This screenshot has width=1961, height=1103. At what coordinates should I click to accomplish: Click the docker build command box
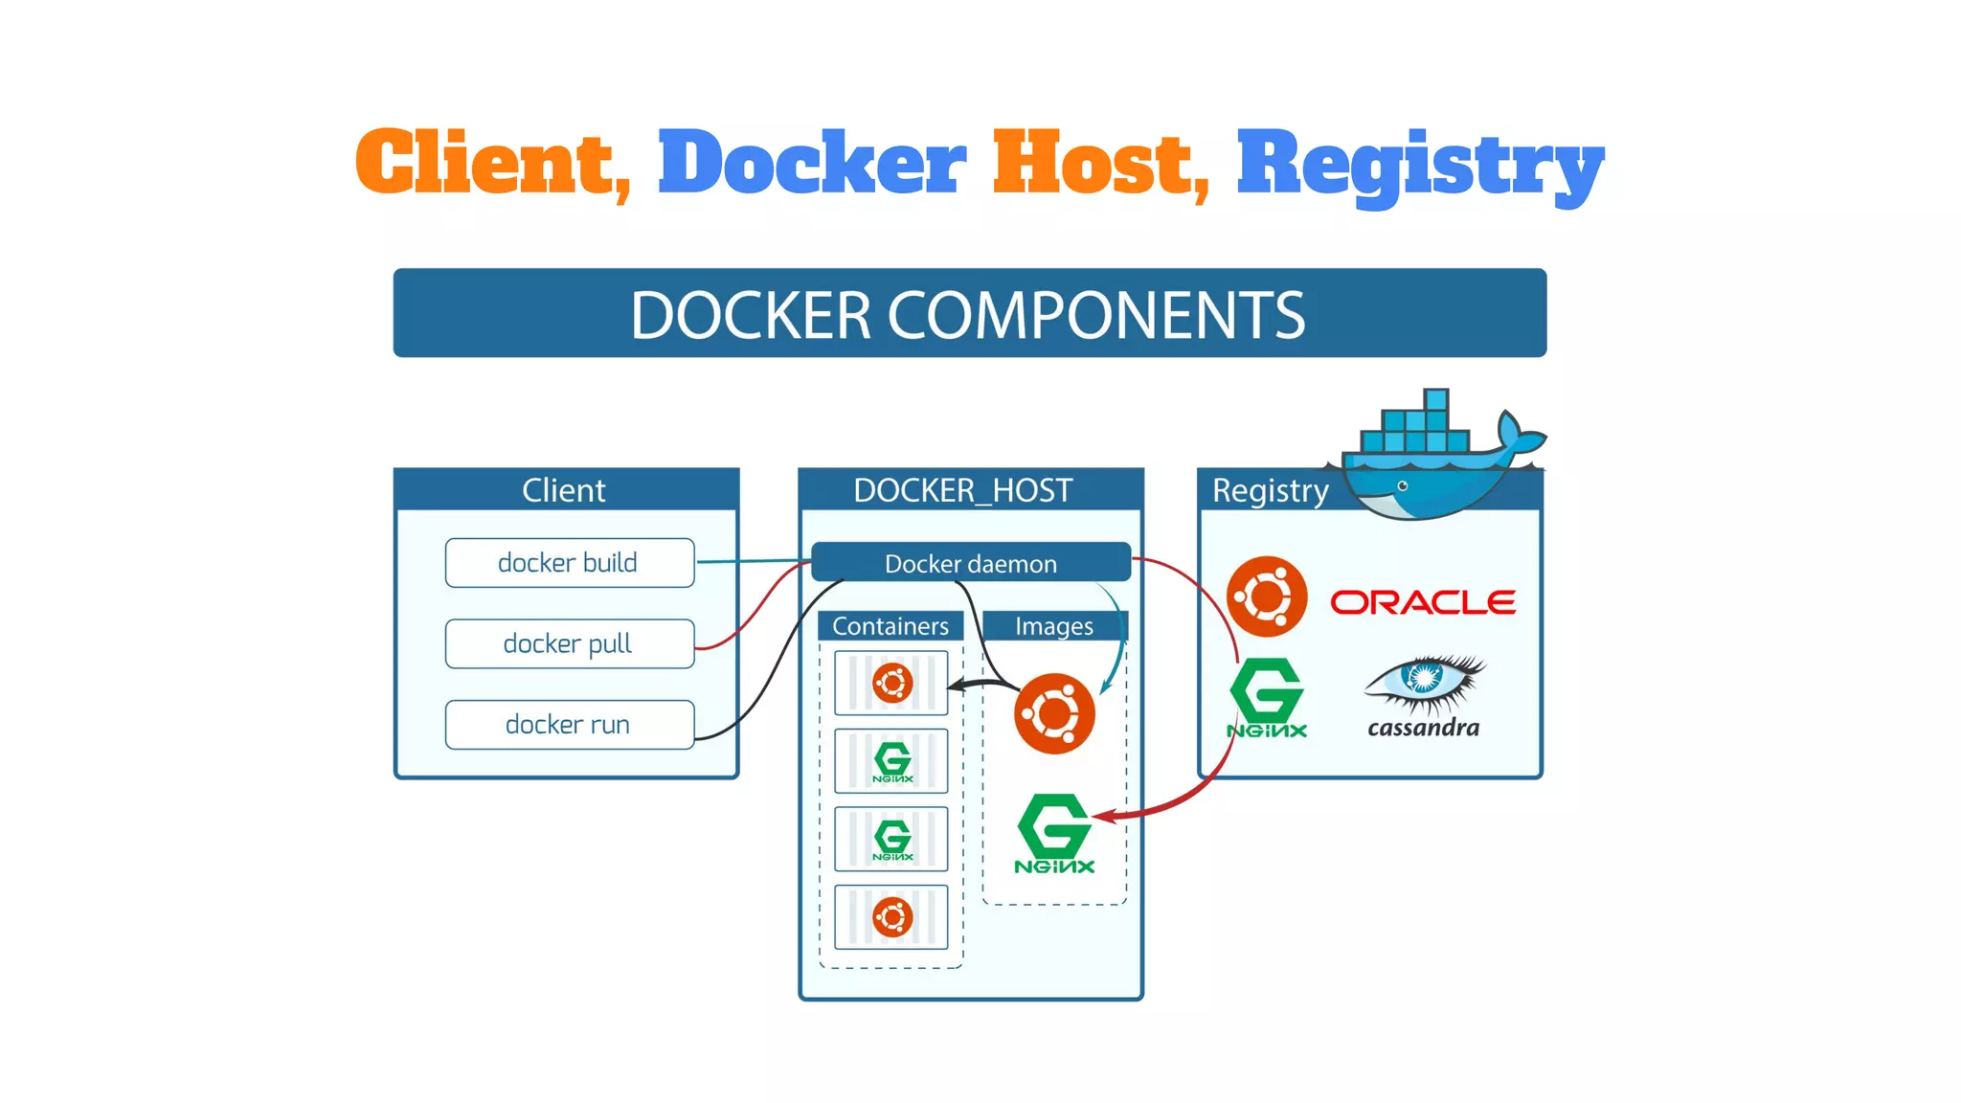[569, 562]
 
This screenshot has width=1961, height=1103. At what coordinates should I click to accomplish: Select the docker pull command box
[569, 643]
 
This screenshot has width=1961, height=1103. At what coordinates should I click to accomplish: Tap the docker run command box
[569, 725]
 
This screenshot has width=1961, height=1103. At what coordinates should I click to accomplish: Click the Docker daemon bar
[970, 563]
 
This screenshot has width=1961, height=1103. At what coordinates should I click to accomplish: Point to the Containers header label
[890, 626]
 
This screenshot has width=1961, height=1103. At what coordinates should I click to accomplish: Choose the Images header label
[1054, 626]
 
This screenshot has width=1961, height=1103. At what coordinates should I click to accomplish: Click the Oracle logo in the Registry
[1423, 602]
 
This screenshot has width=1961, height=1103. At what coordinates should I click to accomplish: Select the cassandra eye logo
[1424, 680]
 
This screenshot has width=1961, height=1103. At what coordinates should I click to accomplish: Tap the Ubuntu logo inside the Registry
[1267, 597]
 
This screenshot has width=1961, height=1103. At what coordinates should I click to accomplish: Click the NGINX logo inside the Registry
[1267, 697]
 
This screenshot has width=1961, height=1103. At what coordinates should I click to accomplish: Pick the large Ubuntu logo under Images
[1054, 713]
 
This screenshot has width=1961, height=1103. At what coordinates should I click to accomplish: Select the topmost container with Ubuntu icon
[891, 683]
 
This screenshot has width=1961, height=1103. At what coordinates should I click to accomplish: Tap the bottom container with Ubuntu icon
[891, 917]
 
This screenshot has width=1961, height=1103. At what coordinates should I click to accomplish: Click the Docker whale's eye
[1403, 486]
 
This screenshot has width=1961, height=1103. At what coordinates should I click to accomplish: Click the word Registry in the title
[1419, 165]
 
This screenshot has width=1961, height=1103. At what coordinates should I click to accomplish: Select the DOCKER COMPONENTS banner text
[968, 315]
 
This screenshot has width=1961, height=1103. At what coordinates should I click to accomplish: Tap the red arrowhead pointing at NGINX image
[1102, 817]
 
